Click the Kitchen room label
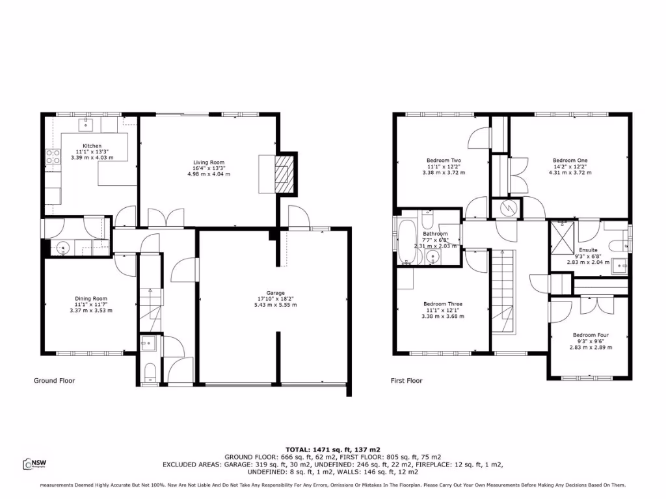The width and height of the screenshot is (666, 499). [x=92, y=146]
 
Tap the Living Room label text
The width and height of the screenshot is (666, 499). [x=208, y=162]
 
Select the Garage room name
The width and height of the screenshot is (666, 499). [x=276, y=293]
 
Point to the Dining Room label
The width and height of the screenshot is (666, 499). [x=91, y=299]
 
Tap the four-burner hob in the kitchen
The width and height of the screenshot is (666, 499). [x=52, y=157]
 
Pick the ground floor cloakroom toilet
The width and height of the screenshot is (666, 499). [x=148, y=371]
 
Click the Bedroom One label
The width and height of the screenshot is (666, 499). [x=570, y=160]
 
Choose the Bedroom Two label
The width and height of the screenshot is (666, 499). [x=444, y=160]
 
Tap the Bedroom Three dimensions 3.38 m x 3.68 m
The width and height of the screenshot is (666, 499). [x=444, y=316]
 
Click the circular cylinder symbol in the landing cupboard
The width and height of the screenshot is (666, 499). [x=509, y=209]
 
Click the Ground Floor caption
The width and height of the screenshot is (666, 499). [x=54, y=381]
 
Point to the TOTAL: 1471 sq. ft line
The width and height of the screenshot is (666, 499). [x=333, y=450]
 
